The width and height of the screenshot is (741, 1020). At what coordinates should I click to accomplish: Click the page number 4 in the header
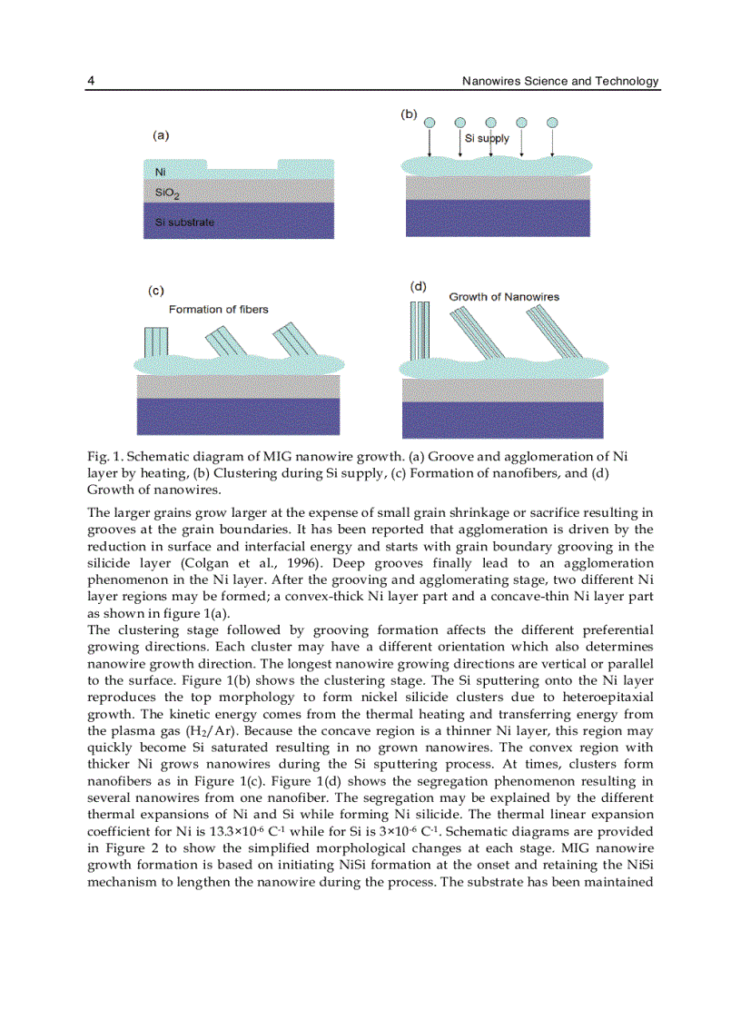tap(91, 81)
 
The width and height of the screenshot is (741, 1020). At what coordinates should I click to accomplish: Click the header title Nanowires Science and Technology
tap(559, 81)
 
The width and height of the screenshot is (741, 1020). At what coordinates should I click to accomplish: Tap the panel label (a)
tap(160, 135)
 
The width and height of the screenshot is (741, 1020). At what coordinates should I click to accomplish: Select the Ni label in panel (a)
tap(161, 172)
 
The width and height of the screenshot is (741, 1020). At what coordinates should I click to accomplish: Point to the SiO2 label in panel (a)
tap(166, 193)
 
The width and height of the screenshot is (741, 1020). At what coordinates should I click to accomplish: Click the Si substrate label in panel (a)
tap(184, 222)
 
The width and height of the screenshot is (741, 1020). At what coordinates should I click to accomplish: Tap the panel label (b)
tap(409, 114)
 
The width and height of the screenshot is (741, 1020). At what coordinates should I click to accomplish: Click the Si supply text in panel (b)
tap(487, 139)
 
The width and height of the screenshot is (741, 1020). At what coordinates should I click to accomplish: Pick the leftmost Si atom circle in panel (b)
tap(430, 123)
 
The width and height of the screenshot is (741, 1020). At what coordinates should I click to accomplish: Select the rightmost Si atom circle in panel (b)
tap(552, 123)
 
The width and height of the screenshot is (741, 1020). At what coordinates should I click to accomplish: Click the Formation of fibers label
tap(218, 310)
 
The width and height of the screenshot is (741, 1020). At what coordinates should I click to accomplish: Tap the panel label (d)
tap(418, 285)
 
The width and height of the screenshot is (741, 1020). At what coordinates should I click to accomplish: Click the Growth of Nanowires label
tap(504, 297)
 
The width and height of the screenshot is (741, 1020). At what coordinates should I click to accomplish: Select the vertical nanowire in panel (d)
tap(420, 331)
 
